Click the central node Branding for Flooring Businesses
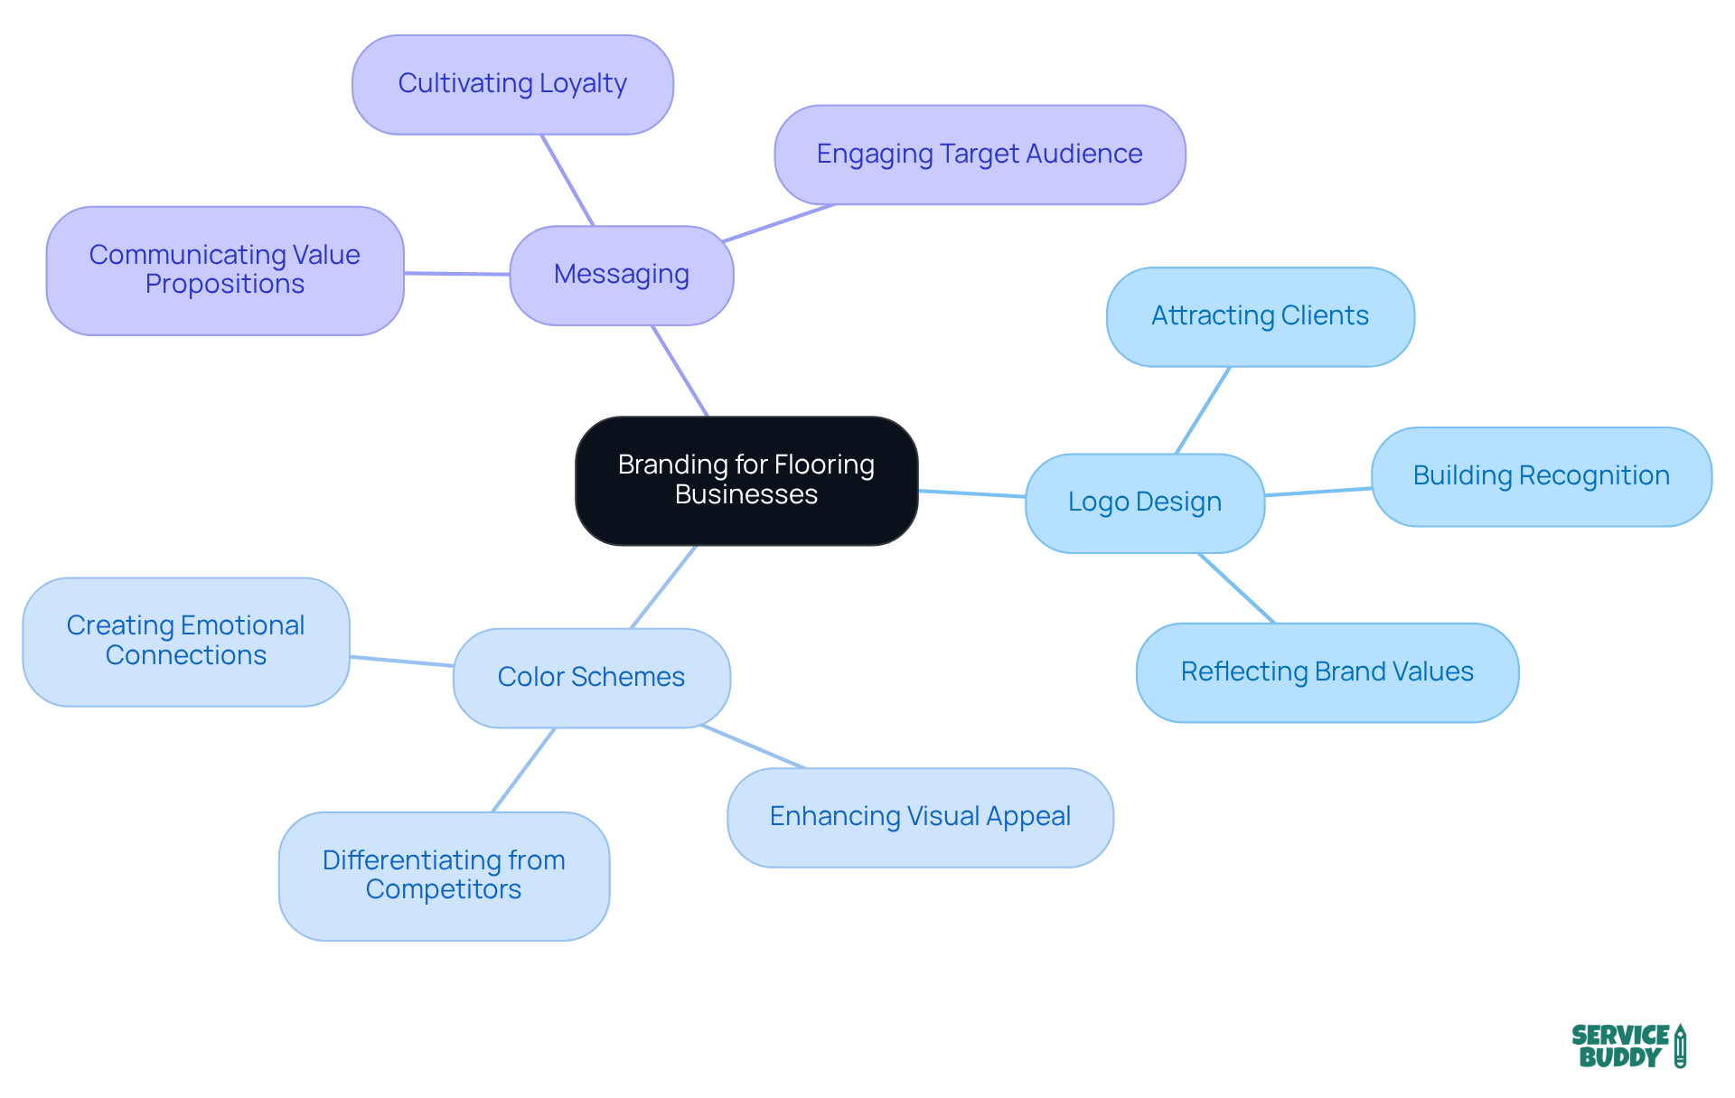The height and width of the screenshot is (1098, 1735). pyautogui.click(x=746, y=480)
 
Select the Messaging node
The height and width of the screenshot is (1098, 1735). pyautogui.click(x=622, y=275)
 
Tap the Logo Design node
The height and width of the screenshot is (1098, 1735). pyautogui.click(x=1144, y=502)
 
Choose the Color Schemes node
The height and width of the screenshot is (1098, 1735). pyautogui.click(x=591, y=678)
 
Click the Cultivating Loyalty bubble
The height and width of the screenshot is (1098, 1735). pyautogui.click(x=512, y=84)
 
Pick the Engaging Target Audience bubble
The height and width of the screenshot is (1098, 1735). pyautogui.click(x=980, y=155)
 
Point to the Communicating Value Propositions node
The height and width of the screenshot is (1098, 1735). pyautogui.click(x=225, y=270)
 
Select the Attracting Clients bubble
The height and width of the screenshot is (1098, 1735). pyautogui.click(x=1260, y=316)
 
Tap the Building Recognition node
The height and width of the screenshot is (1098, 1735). pyautogui.click(x=1541, y=476)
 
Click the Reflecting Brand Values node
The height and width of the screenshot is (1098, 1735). pyautogui.click(x=1327, y=672)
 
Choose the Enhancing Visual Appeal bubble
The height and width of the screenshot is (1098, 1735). pyautogui.click(x=920, y=817)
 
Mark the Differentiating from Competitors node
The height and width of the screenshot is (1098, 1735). pyautogui.click(x=444, y=876)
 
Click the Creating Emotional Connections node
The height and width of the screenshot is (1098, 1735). pyautogui.click(x=186, y=642)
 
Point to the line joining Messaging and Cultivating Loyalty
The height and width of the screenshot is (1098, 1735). pyautogui.click(x=567, y=180)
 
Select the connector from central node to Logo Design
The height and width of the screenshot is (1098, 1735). pyautogui.click(x=971, y=493)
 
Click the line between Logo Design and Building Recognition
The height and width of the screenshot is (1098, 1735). pyautogui.click(x=1318, y=492)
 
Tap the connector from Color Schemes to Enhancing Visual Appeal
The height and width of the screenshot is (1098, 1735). pyautogui.click(x=753, y=746)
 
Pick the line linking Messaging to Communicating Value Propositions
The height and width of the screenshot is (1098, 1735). pyautogui.click(x=456, y=273)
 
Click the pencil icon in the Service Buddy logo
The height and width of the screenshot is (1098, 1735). pyautogui.click(x=1680, y=1046)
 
